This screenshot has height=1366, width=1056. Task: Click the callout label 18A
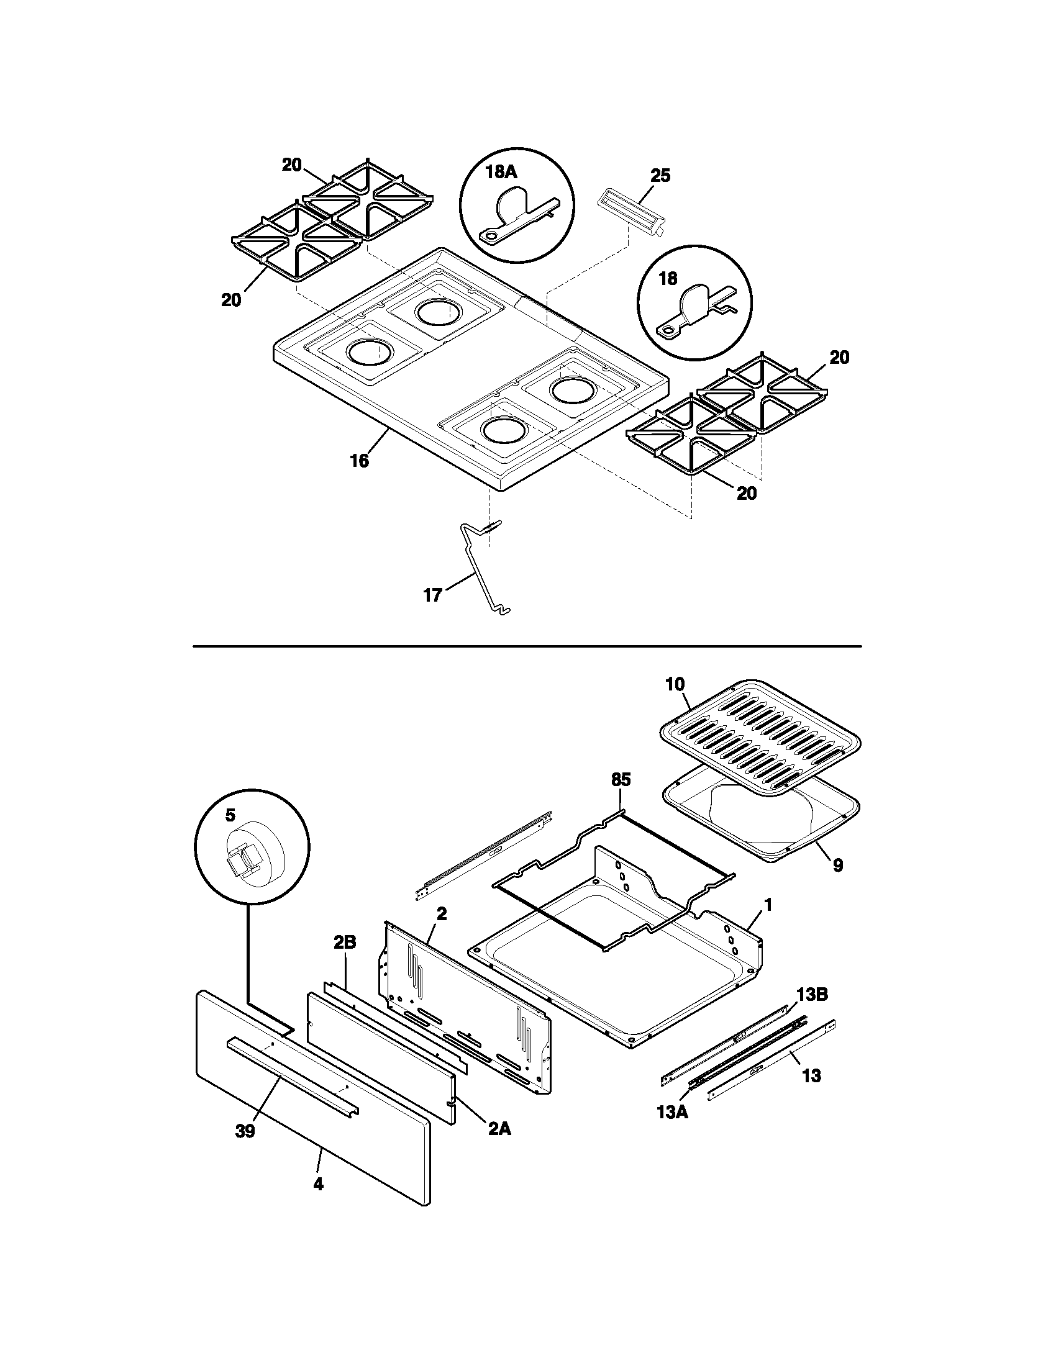click(x=501, y=172)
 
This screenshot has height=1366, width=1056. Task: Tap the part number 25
click(x=660, y=176)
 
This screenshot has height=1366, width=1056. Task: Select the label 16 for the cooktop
click(x=359, y=461)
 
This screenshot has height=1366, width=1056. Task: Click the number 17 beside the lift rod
click(x=433, y=595)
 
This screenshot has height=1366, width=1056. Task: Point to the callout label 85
click(x=621, y=779)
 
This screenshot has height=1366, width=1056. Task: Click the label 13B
click(x=811, y=995)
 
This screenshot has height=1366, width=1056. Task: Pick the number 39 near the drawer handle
click(x=245, y=1131)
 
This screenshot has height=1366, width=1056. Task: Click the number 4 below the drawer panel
click(x=319, y=1184)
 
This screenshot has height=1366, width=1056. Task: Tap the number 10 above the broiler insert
click(x=675, y=684)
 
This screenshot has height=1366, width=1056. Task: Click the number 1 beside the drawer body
click(x=768, y=905)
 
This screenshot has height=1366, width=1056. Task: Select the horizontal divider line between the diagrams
click(x=527, y=646)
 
